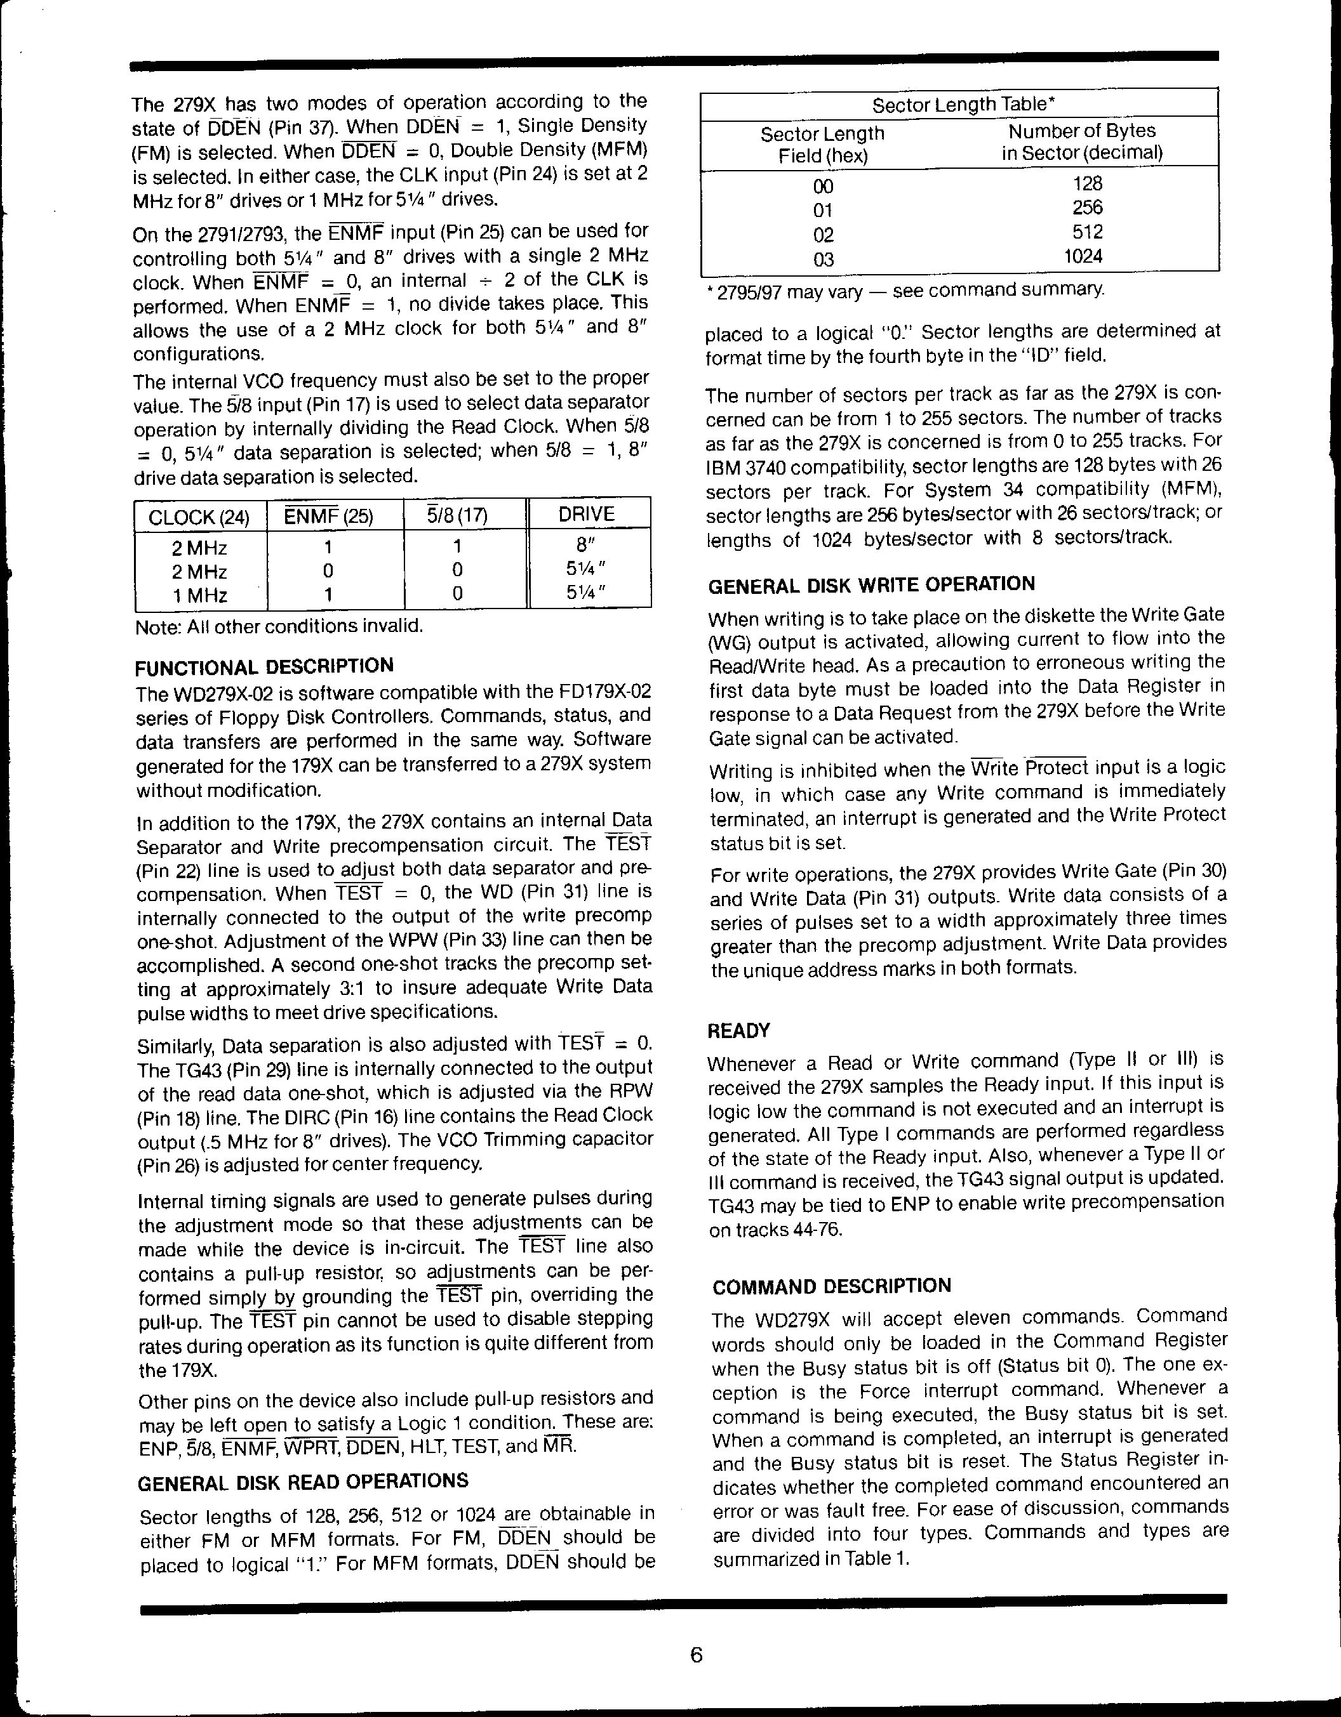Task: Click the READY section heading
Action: click(738, 1030)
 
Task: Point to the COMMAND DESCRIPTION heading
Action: click(831, 1287)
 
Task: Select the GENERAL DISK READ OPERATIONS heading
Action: click(303, 1481)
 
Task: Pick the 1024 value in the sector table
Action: click(1083, 256)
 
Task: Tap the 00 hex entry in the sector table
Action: click(824, 187)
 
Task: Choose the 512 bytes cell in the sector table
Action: click(1087, 232)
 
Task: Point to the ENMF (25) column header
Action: click(328, 516)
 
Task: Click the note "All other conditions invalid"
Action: click(279, 626)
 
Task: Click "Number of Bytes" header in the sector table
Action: click(1081, 131)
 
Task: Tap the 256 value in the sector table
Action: click(1087, 207)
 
